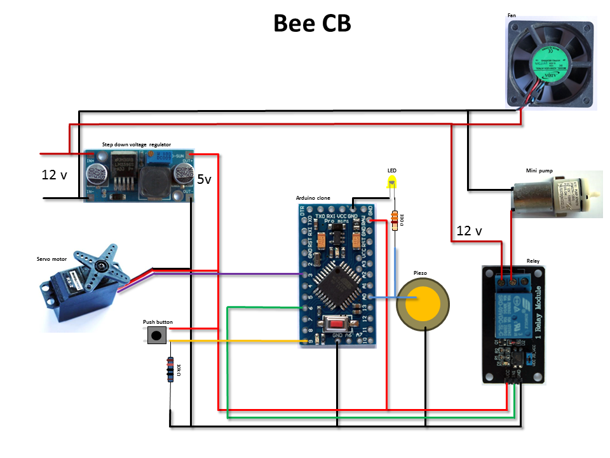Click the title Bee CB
pyautogui.click(x=312, y=24)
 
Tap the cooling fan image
pyautogui.click(x=551, y=62)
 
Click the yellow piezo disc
pyautogui.click(x=423, y=303)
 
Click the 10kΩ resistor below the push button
pyautogui.click(x=170, y=370)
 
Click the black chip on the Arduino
pyautogui.click(x=335, y=284)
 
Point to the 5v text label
pyautogui.click(x=204, y=180)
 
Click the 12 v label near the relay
pyautogui.click(x=468, y=231)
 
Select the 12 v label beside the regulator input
pyautogui.click(x=54, y=175)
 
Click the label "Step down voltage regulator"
pyautogui.click(x=137, y=144)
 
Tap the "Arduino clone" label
pyautogui.click(x=313, y=198)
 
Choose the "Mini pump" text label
pyautogui.click(x=538, y=170)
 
